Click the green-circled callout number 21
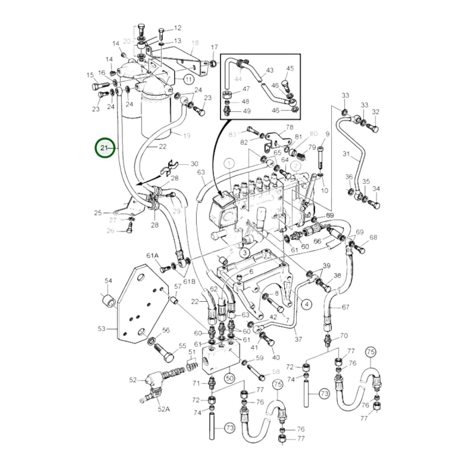[x=105, y=148]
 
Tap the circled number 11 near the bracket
[x=189, y=79]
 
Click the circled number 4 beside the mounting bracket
[x=307, y=304]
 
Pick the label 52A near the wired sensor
[x=164, y=409]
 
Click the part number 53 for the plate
[x=102, y=328]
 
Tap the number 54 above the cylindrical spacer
[x=108, y=281]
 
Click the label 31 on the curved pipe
[x=346, y=154]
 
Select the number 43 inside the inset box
[x=270, y=70]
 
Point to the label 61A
[x=152, y=256]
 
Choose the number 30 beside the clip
[x=194, y=164]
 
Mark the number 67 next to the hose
[x=345, y=307]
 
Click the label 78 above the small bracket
[x=289, y=127]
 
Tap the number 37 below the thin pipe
[x=298, y=339]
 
